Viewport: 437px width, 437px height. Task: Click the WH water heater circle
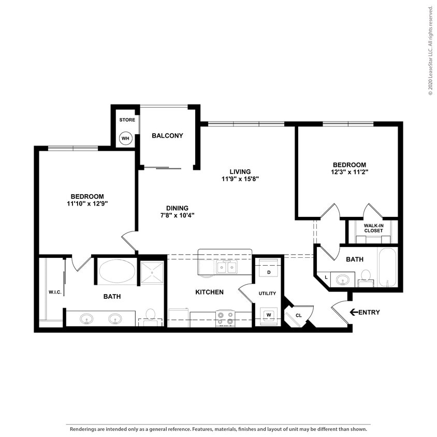tap(125, 138)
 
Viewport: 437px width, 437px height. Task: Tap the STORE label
tap(127, 120)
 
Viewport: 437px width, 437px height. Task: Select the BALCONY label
tap(167, 136)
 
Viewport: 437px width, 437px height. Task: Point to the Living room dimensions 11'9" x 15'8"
tap(240, 179)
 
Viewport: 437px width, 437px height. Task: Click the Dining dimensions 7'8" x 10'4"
tap(177, 215)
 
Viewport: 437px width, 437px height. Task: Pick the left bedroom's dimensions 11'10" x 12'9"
tap(87, 203)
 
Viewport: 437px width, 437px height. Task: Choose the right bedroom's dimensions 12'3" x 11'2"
tap(349, 172)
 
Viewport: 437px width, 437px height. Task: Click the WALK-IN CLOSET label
tap(373, 228)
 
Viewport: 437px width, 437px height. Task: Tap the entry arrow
tap(354, 312)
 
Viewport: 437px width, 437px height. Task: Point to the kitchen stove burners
tap(225, 318)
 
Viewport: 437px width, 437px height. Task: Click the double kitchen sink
tap(227, 268)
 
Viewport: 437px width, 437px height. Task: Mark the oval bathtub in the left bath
tap(117, 271)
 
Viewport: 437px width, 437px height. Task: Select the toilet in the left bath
tap(151, 317)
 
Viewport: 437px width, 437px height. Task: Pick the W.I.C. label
tap(55, 292)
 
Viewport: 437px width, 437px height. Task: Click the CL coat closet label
tap(298, 315)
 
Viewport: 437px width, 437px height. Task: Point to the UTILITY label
tap(267, 293)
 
